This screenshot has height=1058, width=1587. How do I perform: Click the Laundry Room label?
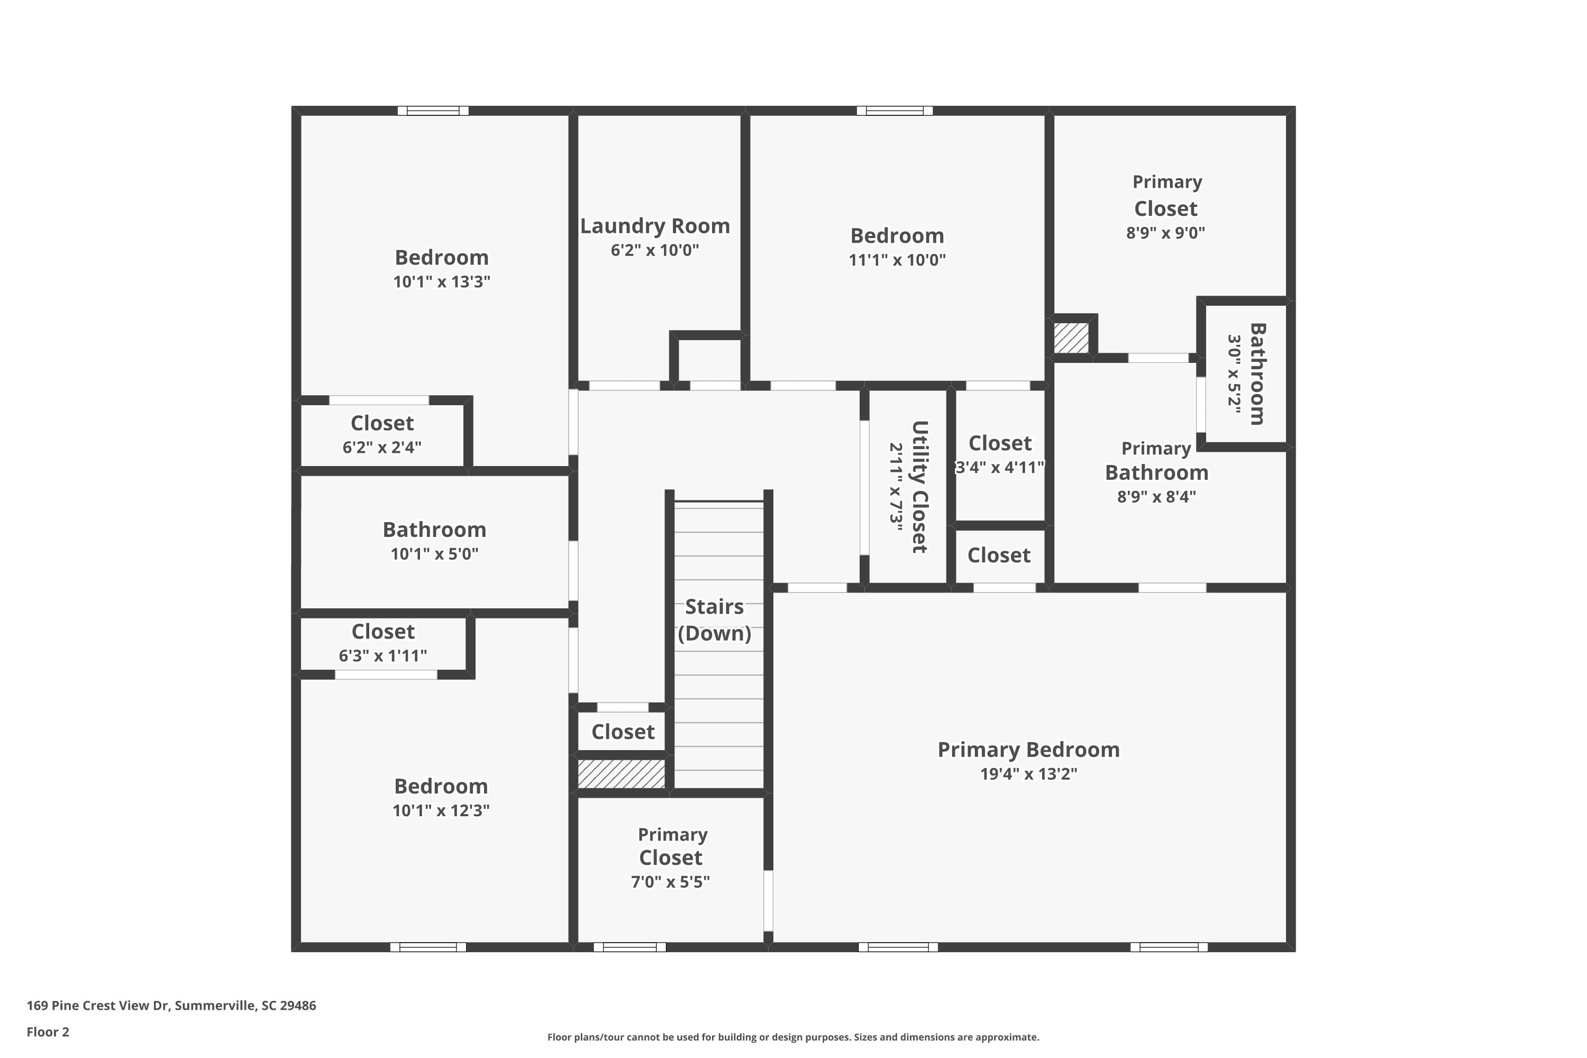point(654,226)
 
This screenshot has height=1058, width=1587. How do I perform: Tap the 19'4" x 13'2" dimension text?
point(1028,774)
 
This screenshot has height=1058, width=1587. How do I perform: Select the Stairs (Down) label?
point(715,620)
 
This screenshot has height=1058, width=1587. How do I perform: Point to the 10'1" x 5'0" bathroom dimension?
point(434,554)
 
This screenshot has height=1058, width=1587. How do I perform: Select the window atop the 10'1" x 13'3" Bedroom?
point(433,111)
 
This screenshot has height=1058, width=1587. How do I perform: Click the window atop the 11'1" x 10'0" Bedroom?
point(895,111)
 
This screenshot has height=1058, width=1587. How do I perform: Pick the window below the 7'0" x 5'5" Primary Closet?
point(630,947)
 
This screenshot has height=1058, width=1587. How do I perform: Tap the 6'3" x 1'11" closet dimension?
point(382,656)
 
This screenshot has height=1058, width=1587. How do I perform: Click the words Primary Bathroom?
point(1156,461)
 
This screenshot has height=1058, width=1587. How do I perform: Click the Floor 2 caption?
point(48,1032)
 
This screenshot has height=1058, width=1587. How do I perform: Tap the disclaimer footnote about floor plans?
point(793,1037)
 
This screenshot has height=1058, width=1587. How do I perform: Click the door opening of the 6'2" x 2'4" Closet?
point(379,400)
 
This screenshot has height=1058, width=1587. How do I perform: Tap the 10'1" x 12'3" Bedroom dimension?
point(441,810)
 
